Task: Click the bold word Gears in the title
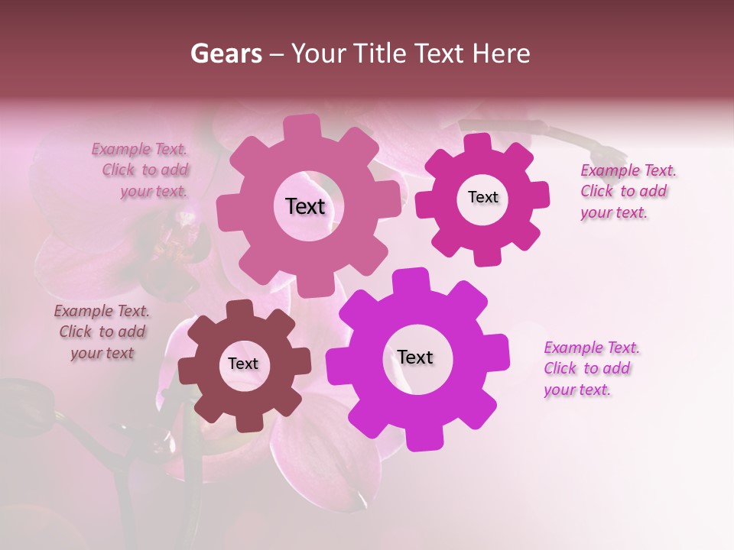(226, 53)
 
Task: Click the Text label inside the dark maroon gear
(243, 364)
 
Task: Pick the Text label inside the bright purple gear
(415, 357)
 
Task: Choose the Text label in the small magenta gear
(483, 197)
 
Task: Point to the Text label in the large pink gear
(305, 206)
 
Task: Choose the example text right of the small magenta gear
(628, 191)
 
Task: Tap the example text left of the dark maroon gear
(102, 332)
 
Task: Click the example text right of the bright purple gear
(591, 368)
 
